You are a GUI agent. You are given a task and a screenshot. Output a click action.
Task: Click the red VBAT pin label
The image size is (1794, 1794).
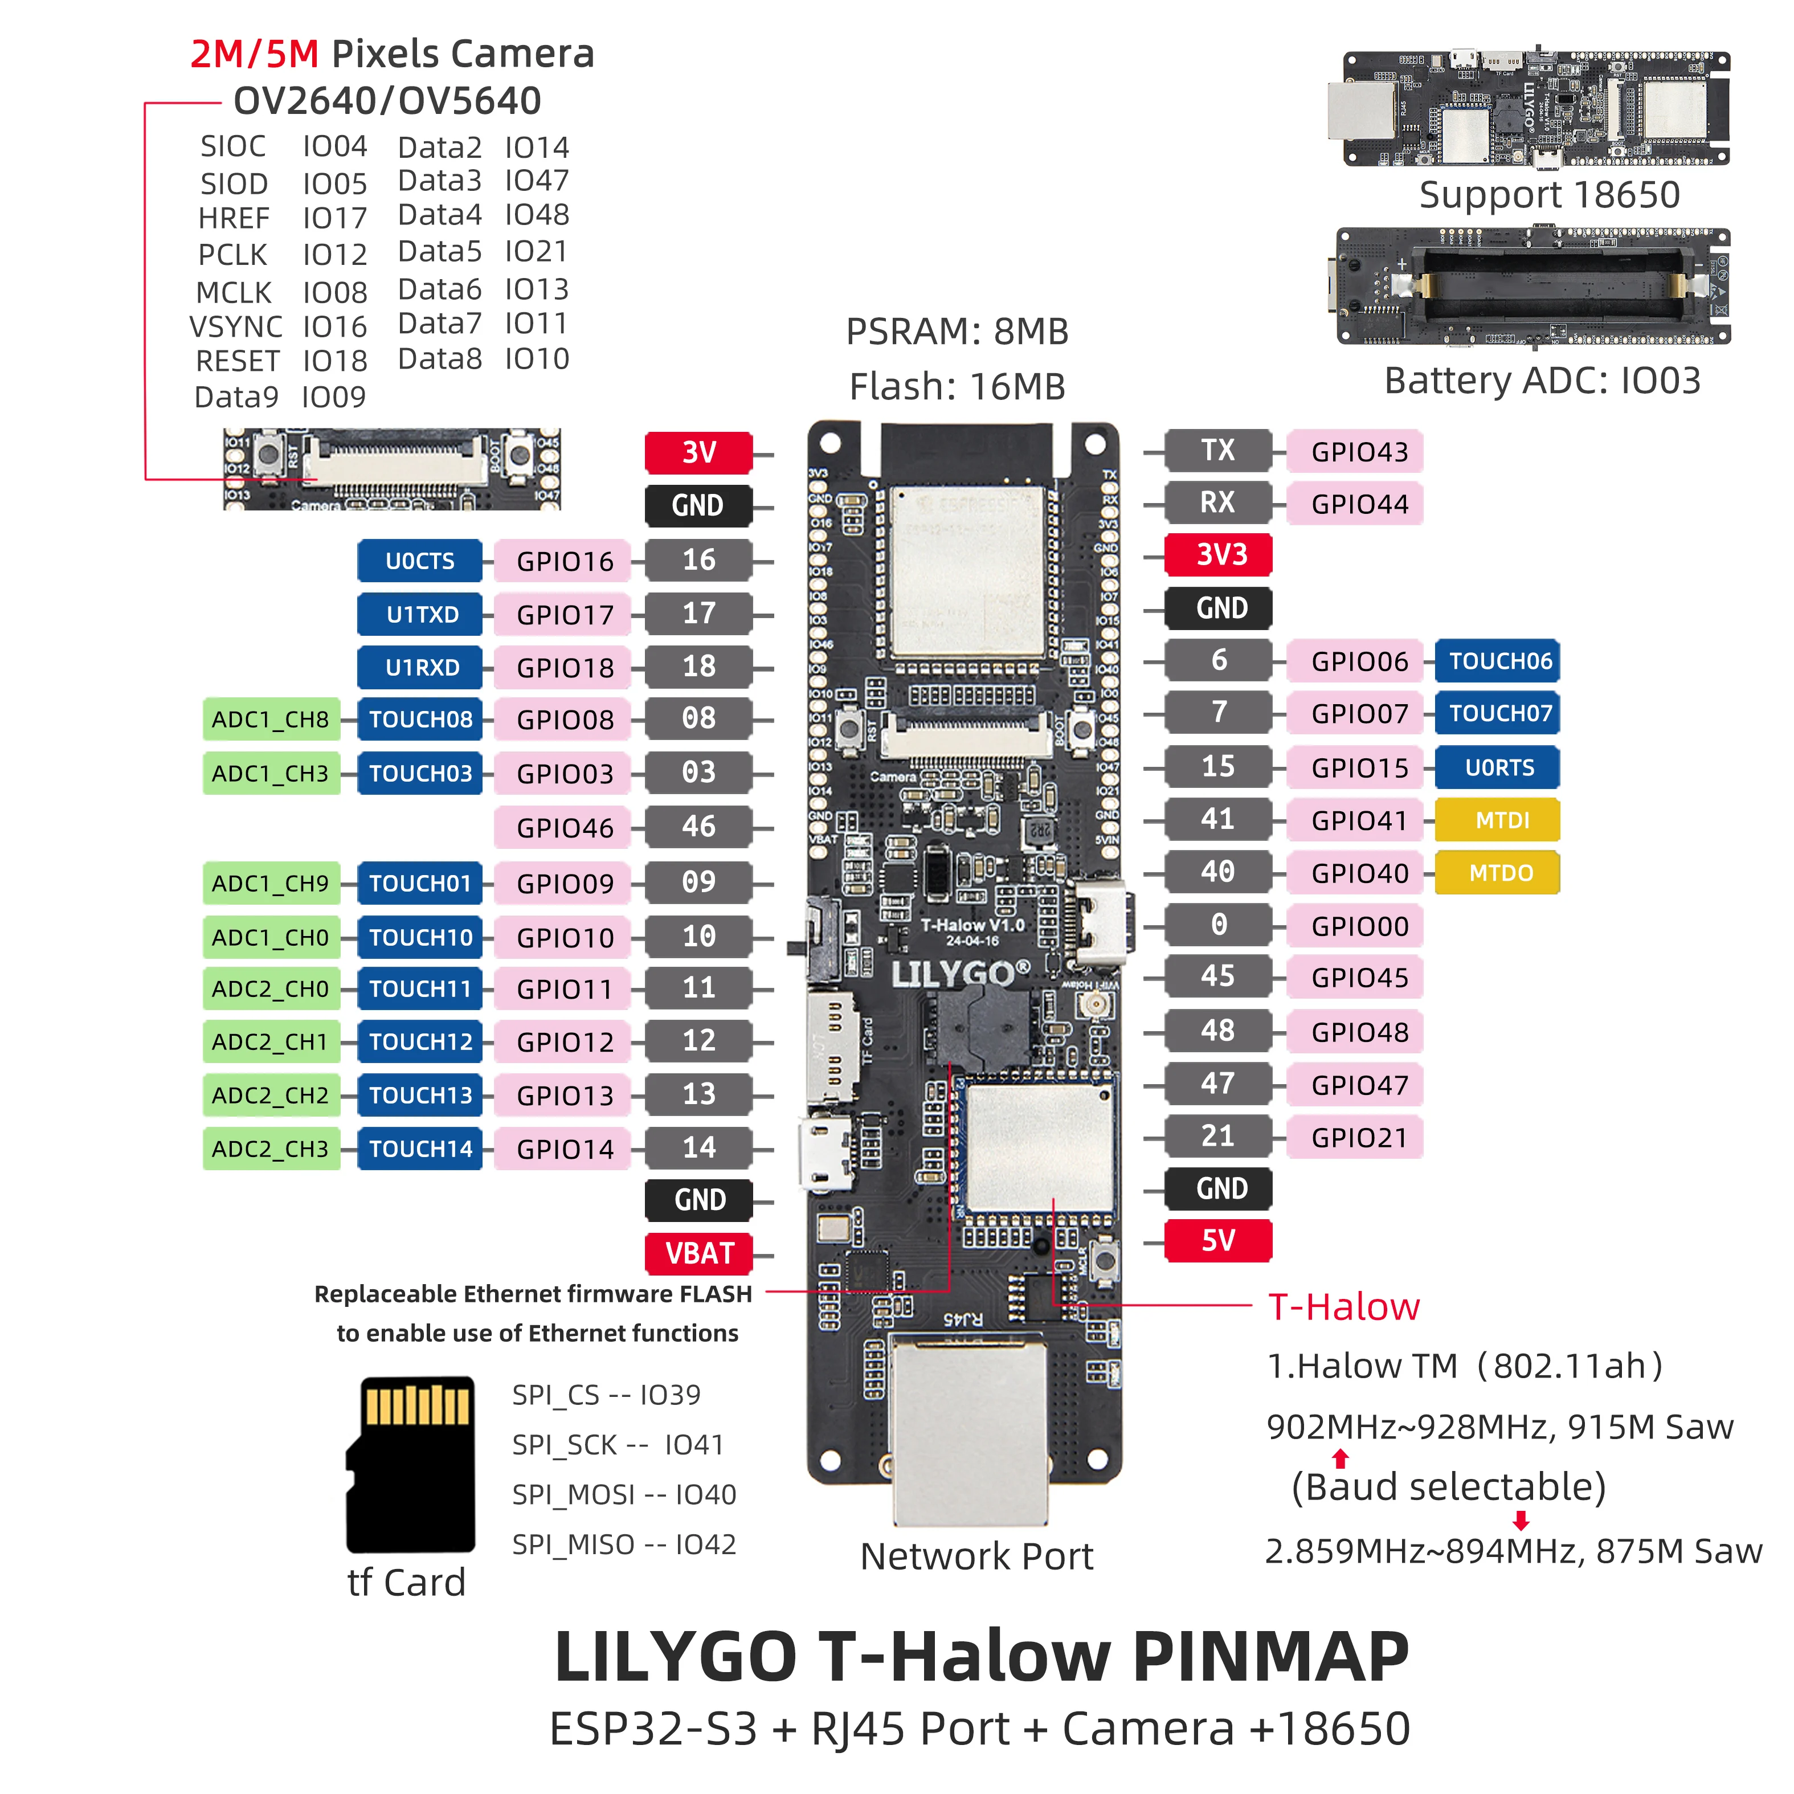[698, 1253]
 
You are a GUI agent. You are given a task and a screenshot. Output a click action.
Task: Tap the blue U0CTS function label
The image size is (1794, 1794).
[420, 561]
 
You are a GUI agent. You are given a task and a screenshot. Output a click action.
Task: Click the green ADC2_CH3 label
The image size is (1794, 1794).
[270, 1149]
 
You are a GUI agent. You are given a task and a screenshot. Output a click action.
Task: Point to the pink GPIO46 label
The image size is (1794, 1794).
[563, 827]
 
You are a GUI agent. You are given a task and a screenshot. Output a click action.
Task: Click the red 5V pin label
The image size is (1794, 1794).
[1217, 1241]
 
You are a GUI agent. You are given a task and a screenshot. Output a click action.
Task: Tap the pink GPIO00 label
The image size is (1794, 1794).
[1359, 926]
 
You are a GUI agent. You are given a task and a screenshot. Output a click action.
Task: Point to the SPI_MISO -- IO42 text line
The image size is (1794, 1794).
[624, 1544]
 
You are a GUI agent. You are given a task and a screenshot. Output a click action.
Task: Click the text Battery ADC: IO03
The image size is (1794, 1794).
[1542, 381]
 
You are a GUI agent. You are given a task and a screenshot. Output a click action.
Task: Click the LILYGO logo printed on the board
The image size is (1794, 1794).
[959, 974]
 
